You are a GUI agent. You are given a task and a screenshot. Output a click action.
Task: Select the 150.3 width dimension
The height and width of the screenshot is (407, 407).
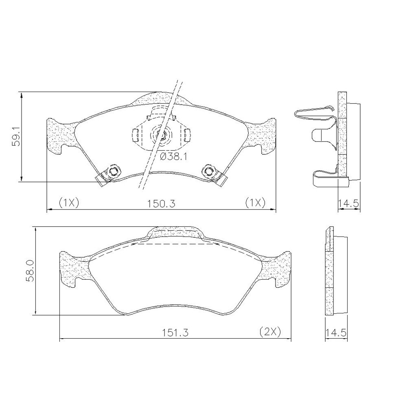161,203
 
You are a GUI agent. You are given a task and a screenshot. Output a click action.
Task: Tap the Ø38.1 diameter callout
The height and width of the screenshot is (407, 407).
173,157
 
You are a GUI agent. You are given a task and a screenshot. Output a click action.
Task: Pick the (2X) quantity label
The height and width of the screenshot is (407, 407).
270,332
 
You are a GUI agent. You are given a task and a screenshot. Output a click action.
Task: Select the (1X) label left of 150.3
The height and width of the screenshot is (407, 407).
68,202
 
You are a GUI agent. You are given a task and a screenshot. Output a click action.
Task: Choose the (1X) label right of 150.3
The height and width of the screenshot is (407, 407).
256,202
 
